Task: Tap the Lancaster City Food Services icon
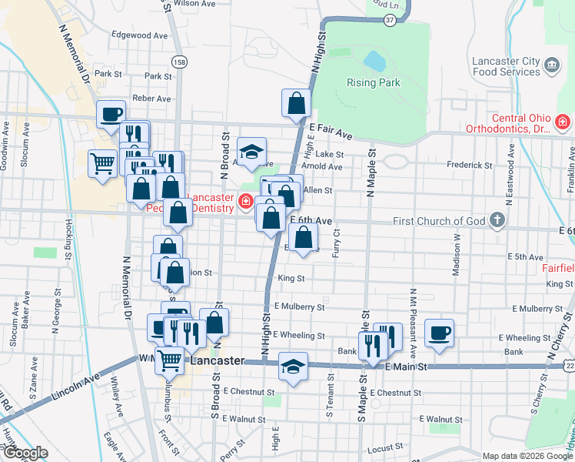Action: coord(552,66)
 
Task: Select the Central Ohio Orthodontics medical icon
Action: coord(563,122)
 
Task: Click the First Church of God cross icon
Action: coord(497,221)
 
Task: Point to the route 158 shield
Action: coord(179,62)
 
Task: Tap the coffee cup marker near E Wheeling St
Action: coord(439,333)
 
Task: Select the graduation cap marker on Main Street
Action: coord(292,367)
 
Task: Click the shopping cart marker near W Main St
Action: coord(169,359)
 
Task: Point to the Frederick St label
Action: coord(470,165)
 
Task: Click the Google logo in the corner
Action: coord(25,453)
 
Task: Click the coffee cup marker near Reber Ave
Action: coord(111,114)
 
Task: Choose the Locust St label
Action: coord(385,447)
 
